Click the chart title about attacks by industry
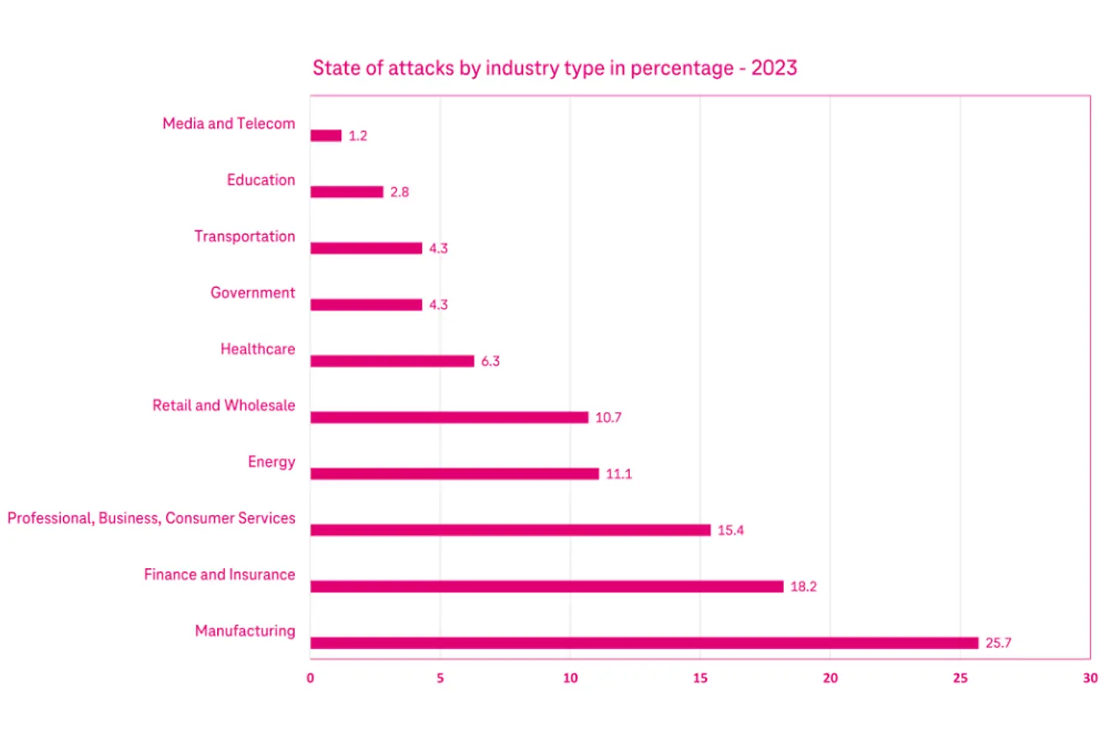[554, 69]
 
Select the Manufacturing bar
[644, 643]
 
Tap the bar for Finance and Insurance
[547, 587]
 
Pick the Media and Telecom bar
[326, 135]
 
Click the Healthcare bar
[392, 361]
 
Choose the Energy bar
[454, 473]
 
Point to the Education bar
[347, 192]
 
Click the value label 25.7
[998, 643]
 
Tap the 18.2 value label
[803, 587]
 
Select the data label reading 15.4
[730, 530]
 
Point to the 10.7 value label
[608, 417]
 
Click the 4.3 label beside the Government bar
[438, 305]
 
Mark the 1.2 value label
[357, 135]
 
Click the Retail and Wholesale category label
[223, 406]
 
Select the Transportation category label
[244, 236]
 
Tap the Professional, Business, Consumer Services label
[151, 518]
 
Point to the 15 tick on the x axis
[700, 678]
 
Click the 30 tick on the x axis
[1090, 678]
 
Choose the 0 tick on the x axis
[310, 678]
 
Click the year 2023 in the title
[774, 69]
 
